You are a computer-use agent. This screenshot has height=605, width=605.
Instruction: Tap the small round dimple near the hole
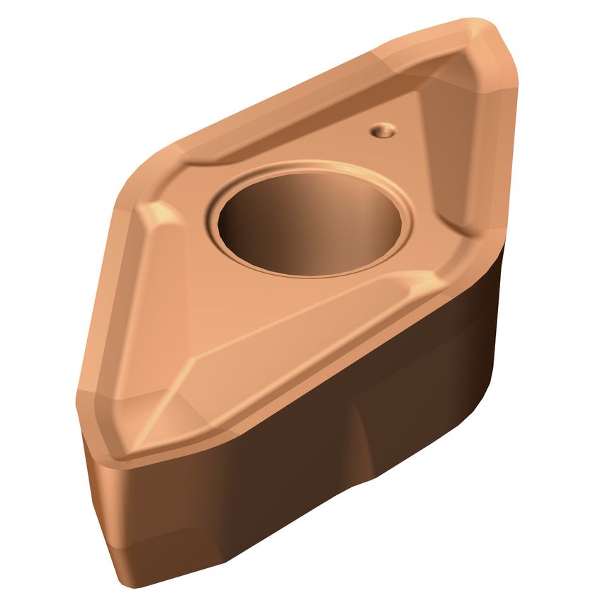tap(383, 130)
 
